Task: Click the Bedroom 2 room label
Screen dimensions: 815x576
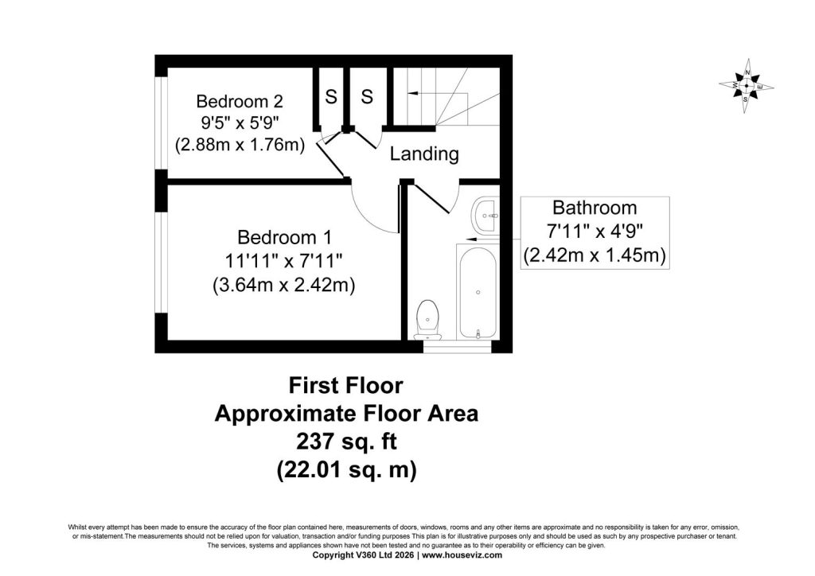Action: click(239, 100)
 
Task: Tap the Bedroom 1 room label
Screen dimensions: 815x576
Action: click(284, 237)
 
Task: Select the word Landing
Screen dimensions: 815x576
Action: click(424, 154)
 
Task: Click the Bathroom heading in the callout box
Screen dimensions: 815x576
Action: click(594, 208)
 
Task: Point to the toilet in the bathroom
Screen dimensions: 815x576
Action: click(428, 319)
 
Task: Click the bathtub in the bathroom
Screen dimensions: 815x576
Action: click(478, 292)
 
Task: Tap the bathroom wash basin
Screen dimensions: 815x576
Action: click(486, 215)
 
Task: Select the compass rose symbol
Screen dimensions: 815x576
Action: click(747, 86)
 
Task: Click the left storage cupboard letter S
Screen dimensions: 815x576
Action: click(330, 96)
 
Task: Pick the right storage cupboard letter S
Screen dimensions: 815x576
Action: click(367, 96)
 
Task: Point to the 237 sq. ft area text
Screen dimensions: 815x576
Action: click(346, 442)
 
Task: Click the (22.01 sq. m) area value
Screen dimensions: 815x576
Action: click(346, 470)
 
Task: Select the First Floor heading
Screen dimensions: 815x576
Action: click(345, 386)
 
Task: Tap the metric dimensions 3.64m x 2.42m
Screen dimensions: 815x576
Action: click(284, 285)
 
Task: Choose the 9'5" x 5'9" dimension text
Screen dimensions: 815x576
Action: click(240, 123)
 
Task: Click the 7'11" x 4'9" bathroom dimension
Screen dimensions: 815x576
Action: click(595, 231)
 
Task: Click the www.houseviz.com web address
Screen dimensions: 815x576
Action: click(462, 555)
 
